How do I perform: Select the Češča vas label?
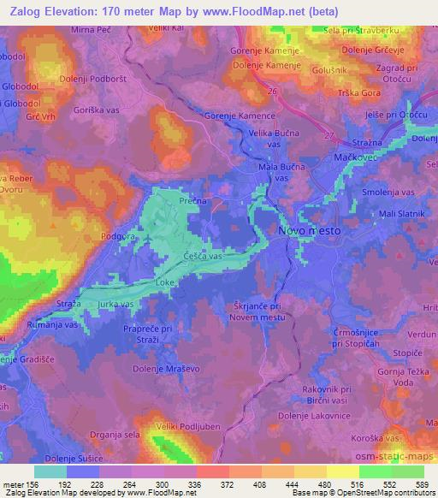(x=203, y=256)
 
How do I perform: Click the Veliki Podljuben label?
(x=183, y=426)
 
